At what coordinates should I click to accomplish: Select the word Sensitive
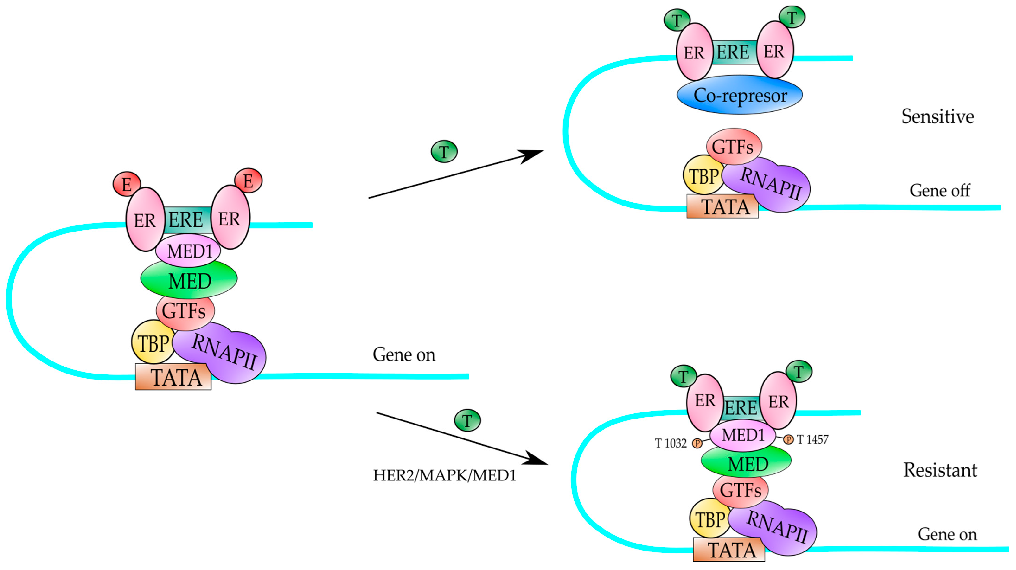click(937, 116)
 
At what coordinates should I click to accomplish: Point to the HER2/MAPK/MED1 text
click(444, 475)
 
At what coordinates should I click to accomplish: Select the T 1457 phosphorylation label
click(812, 439)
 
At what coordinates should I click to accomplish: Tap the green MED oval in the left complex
click(189, 280)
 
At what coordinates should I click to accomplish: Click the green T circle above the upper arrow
click(444, 151)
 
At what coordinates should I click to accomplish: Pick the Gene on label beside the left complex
click(404, 354)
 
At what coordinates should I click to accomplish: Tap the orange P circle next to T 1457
click(788, 439)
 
